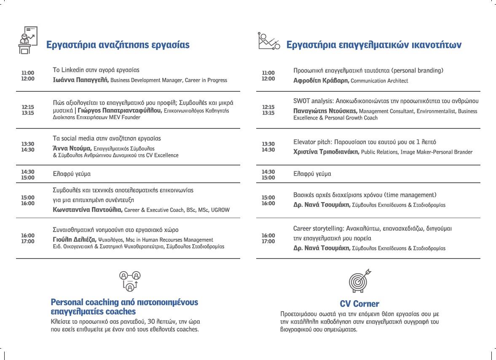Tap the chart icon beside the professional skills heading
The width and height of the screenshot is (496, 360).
point(269,41)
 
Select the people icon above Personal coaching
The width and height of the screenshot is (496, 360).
point(130,281)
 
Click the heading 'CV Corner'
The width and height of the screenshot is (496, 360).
point(359,304)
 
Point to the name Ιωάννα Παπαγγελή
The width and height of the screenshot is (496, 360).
point(80,80)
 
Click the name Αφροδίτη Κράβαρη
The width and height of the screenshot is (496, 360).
point(321,80)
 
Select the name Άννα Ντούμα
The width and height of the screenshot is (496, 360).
point(72,148)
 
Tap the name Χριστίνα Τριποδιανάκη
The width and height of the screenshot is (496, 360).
point(326,152)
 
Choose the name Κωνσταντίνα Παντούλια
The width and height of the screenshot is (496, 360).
point(88,210)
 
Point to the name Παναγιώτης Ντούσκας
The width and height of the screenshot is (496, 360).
point(325,111)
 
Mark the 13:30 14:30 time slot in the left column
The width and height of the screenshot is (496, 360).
point(28,147)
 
